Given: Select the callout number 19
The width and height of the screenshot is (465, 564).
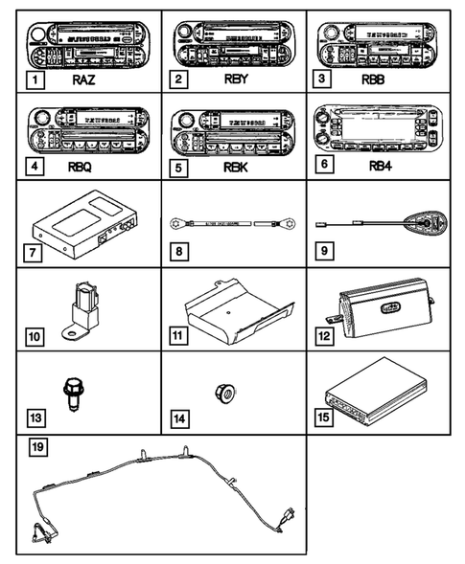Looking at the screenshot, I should tap(35, 447).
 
